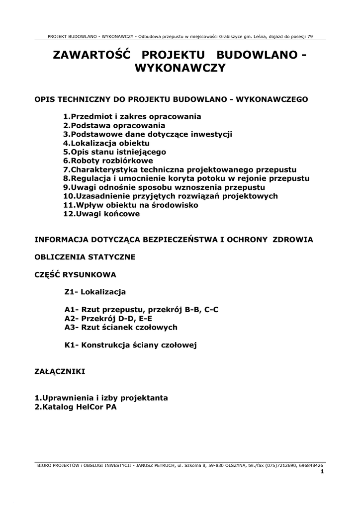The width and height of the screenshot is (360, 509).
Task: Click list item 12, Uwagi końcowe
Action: (x=101, y=214)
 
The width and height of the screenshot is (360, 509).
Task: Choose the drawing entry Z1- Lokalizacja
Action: (x=95, y=292)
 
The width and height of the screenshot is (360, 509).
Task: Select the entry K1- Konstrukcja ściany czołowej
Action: (x=131, y=344)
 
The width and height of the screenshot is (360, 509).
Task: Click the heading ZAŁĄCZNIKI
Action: (x=60, y=371)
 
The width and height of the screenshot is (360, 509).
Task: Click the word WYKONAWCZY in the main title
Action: (x=180, y=68)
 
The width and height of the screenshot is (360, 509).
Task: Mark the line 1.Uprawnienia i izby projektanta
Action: (x=101, y=398)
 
